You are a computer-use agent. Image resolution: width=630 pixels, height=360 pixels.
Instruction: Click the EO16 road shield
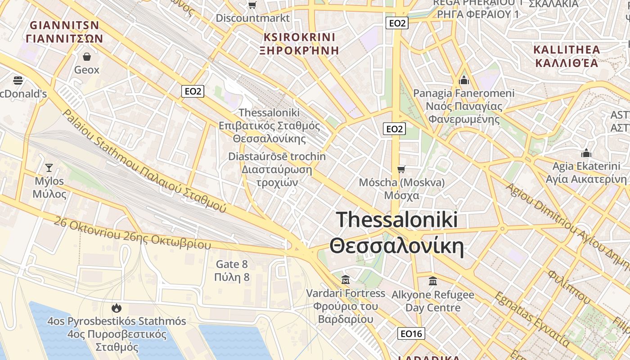411,333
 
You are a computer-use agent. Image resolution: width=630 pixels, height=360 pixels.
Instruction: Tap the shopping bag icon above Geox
86,57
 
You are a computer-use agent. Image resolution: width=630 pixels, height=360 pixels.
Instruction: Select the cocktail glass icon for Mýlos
49,168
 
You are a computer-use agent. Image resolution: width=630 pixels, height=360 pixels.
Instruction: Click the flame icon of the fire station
117,308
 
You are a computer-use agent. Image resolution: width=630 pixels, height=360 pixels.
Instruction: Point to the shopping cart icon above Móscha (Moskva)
401,169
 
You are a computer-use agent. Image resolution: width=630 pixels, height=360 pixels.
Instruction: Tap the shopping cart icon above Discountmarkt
252,5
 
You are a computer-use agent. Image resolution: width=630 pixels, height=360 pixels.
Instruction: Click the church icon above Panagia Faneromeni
463,80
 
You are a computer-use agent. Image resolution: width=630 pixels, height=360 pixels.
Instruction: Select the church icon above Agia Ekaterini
586,153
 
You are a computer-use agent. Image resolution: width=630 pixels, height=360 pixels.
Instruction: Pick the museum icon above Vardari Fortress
346,280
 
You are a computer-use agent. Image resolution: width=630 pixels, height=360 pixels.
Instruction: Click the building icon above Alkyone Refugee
432,281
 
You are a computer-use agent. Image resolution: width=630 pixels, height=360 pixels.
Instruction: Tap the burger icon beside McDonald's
18,81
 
